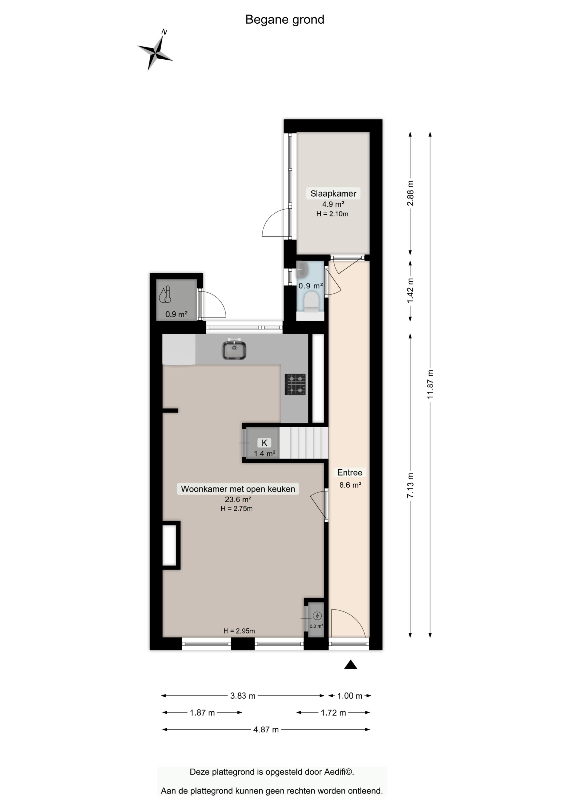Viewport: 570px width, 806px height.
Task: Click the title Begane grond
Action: coord(285,20)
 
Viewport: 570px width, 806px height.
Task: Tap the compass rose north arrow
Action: coord(155,50)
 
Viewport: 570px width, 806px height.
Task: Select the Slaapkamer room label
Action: coord(333,193)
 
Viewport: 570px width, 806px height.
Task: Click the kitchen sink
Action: coord(234,350)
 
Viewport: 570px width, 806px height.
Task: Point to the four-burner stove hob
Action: coord(295,384)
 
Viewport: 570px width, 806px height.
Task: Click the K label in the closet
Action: coord(264,443)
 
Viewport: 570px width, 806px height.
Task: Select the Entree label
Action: coord(350,473)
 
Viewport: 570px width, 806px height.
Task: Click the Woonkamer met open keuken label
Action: coord(238,489)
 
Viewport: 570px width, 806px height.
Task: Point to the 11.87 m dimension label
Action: coord(430,384)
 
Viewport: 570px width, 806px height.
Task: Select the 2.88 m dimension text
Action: coord(410,193)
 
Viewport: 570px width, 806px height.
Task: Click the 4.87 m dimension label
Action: coord(266,730)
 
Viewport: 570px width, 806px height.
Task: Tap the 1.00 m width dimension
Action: coord(350,696)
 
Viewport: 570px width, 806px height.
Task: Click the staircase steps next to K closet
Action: coord(304,442)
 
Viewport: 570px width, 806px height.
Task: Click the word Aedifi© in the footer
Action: coord(339,772)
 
